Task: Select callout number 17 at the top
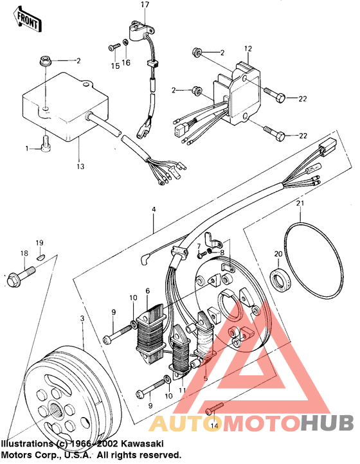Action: [x=145, y=5]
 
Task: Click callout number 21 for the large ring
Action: [x=300, y=204]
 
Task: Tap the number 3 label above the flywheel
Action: [x=82, y=319]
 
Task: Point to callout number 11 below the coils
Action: [x=182, y=390]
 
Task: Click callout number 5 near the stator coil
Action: [x=205, y=379]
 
